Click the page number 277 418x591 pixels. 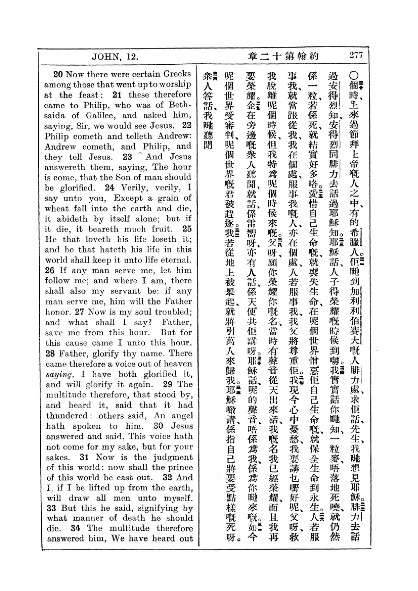click(x=356, y=55)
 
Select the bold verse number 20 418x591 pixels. click(x=58, y=75)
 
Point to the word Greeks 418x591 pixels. click(x=177, y=74)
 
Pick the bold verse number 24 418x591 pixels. click(x=109, y=188)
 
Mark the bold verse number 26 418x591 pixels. click(x=50, y=271)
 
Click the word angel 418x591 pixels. click(x=182, y=416)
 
